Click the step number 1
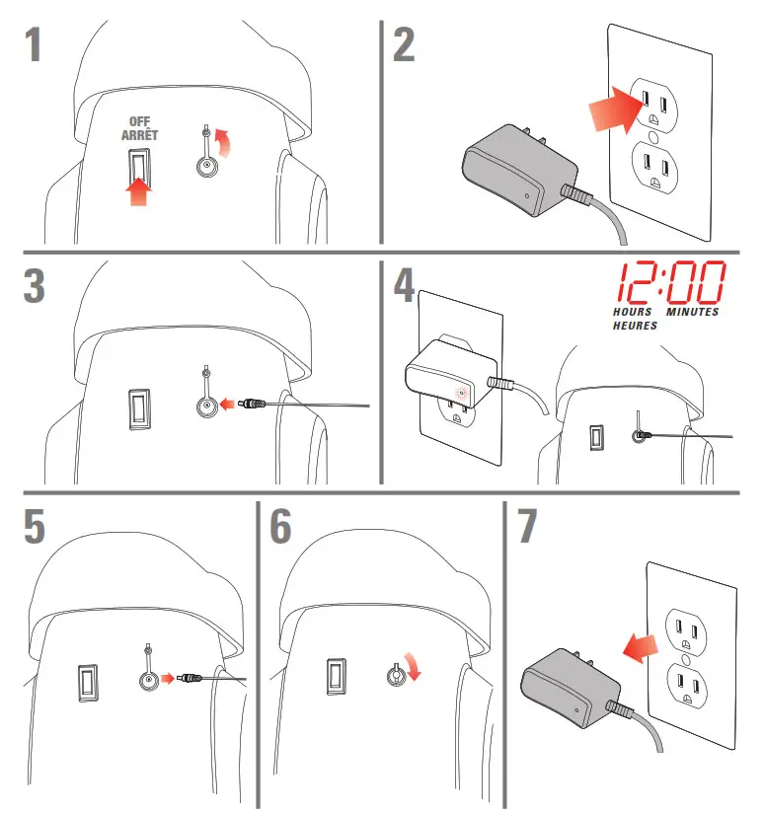click(33, 44)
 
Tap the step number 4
click(404, 285)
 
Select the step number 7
click(527, 525)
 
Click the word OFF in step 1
click(139, 121)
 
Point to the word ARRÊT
click(139, 135)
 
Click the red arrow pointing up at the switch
click(138, 191)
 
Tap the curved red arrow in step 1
click(224, 142)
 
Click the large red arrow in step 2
click(616, 110)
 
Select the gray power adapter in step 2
click(518, 170)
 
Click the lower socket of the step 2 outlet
click(655, 168)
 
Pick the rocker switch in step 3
click(139, 409)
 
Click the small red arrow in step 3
click(227, 404)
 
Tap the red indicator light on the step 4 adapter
click(461, 393)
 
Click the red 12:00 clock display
click(670, 282)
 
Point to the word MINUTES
click(692, 312)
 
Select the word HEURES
click(635, 326)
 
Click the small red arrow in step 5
click(168, 678)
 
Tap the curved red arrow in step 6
click(413, 667)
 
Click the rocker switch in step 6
click(337, 676)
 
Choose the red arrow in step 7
click(641, 647)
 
